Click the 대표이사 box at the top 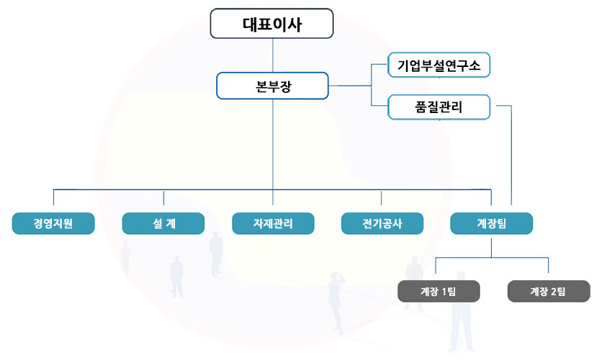[271, 23]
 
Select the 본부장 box [272, 86]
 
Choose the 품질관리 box [439, 107]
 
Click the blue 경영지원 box [53, 223]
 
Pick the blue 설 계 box [163, 223]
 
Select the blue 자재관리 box [273, 223]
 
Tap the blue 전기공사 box [382, 223]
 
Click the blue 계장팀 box [492, 223]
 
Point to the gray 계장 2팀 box [549, 291]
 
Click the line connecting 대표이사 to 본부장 [272, 55]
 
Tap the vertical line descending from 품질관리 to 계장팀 [511, 158]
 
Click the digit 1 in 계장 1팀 [444, 291]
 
